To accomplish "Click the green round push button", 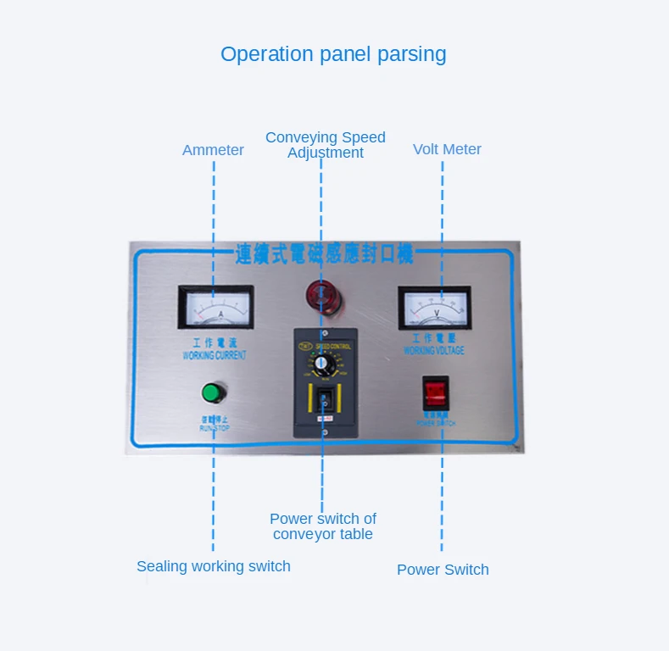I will tap(211, 392).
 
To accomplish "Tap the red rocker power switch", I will tap(435, 392).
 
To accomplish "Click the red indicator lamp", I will tap(321, 295).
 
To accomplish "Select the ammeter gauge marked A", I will tap(215, 306).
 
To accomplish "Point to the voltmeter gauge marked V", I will tap(434, 308).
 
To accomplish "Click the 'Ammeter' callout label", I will tap(213, 150).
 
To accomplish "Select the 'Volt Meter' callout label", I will tap(447, 149).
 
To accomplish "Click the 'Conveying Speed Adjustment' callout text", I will tap(326, 145).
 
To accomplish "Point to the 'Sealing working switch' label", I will tap(214, 566).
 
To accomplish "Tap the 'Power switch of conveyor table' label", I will tap(323, 526).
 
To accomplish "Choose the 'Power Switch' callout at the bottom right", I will tap(443, 570).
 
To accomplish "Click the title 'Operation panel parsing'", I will tap(333, 54).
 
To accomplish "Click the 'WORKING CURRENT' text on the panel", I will tap(215, 356).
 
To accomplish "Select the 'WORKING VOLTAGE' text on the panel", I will tap(434, 350).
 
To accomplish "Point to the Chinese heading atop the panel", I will tap(324, 253).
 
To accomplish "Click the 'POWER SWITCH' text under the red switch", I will tap(436, 421).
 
